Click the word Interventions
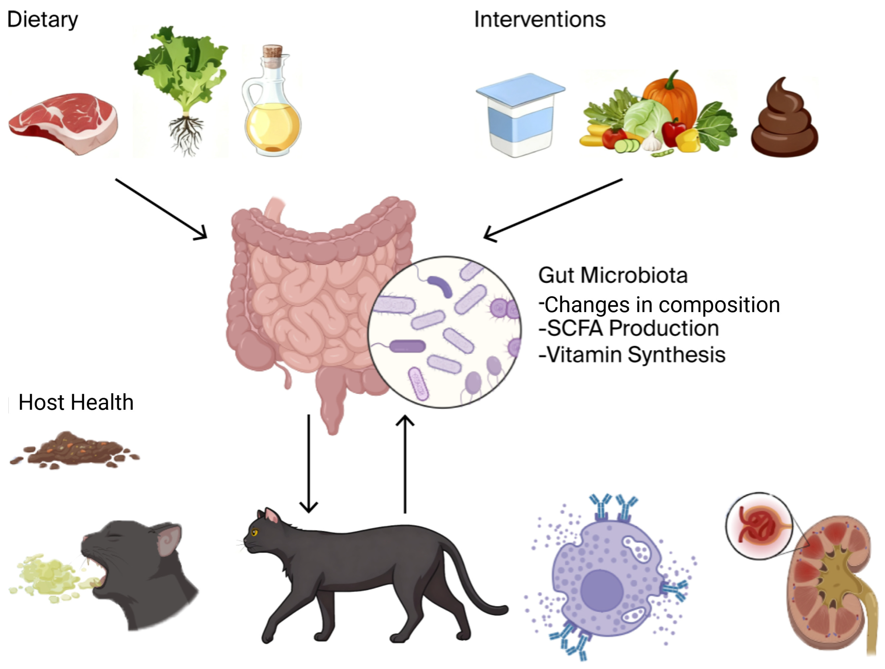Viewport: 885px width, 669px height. (x=539, y=19)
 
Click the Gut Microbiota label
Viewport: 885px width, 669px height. (x=613, y=275)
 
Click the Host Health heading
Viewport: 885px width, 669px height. (x=76, y=402)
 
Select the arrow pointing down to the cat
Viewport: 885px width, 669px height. (x=308, y=464)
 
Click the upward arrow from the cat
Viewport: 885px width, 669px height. (x=405, y=464)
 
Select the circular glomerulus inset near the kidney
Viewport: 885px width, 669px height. (x=758, y=526)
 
